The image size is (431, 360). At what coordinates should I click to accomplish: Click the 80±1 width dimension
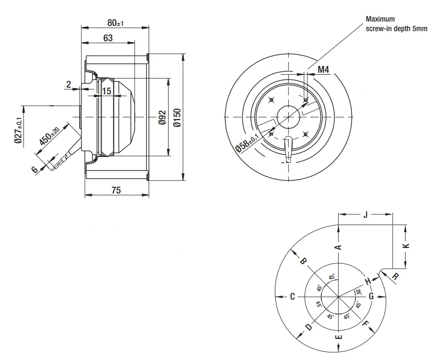tap(115, 23)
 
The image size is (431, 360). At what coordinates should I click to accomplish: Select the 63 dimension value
tap(108, 38)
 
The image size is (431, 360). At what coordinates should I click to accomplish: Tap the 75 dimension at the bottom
tap(116, 190)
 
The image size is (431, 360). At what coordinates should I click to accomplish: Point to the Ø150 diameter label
tap(177, 118)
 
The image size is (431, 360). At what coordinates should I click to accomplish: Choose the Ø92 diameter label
tap(162, 117)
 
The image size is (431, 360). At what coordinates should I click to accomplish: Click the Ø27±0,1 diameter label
tap(18, 130)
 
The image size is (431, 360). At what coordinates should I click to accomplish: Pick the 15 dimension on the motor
tap(106, 91)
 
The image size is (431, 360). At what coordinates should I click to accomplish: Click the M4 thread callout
tap(323, 69)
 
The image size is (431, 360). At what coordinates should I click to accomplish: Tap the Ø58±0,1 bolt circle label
tap(247, 143)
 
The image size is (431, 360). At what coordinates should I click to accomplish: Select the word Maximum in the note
tap(380, 19)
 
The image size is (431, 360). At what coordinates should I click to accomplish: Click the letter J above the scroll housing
tap(365, 214)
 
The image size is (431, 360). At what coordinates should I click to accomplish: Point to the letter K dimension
tap(408, 246)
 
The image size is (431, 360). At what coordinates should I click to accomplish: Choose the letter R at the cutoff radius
tap(395, 276)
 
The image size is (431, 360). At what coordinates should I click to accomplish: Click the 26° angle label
tap(358, 292)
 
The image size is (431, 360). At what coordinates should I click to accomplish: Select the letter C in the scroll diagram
tap(293, 296)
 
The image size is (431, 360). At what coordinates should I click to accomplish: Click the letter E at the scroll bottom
tap(339, 337)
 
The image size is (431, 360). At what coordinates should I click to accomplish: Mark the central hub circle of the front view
tap(288, 117)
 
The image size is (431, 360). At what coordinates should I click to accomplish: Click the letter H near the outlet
tap(368, 281)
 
